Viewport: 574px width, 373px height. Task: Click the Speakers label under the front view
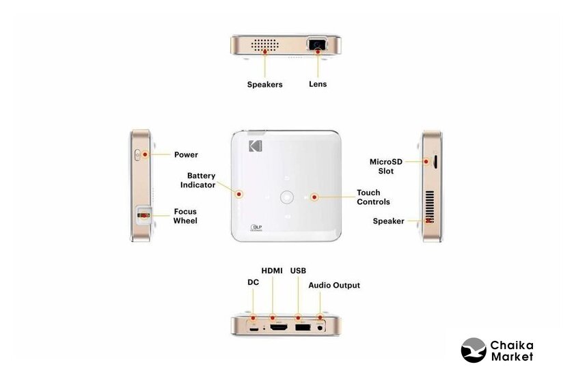coord(264,85)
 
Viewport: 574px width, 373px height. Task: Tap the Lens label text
coord(318,84)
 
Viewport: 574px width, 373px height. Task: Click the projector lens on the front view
coord(317,44)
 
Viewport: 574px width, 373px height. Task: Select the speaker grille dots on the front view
coord(264,45)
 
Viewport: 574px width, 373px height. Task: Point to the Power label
coord(186,154)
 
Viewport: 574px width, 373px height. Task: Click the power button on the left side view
coord(137,155)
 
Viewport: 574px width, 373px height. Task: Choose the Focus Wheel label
coord(185,216)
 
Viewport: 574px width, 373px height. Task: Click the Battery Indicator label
coord(198,180)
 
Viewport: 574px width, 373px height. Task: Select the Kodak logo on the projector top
coord(256,146)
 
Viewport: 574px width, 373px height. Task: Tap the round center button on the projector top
coord(286,197)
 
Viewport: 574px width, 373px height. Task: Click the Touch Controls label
coord(373,197)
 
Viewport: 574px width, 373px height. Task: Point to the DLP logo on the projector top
coord(256,227)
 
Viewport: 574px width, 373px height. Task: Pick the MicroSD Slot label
coord(386,166)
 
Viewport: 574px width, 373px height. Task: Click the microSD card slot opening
coord(435,162)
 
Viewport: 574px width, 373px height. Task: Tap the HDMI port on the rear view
coord(279,328)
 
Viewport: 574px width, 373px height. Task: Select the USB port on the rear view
coord(302,327)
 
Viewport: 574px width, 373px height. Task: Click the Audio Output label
coord(334,285)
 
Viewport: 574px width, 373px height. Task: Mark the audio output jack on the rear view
coord(320,328)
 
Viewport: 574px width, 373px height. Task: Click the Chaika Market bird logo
coord(474,350)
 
